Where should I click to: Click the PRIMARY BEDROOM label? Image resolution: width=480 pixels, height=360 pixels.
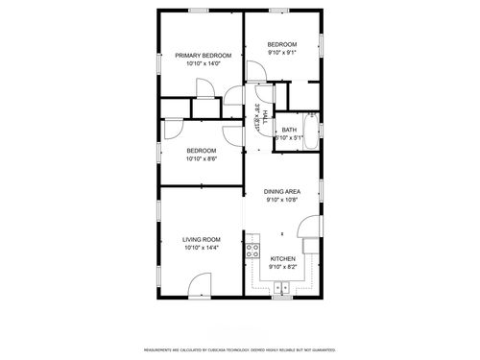(x=204, y=56)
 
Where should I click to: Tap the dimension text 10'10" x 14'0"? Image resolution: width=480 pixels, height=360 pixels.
(x=204, y=64)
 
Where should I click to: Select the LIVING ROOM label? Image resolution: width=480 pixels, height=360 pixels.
(x=202, y=239)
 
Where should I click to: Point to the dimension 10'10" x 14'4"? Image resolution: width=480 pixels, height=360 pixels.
(x=202, y=248)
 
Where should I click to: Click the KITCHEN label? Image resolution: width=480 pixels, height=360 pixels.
(x=282, y=259)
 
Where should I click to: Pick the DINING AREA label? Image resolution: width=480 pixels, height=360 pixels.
(x=282, y=192)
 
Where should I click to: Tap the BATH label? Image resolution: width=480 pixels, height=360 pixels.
(x=288, y=130)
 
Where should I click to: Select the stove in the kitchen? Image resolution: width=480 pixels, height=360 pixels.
(x=252, y=252)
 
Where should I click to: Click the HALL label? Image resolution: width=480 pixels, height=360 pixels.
(x=259, y=115)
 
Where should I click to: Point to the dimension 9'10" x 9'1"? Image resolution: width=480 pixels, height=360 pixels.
(x=282, y=54)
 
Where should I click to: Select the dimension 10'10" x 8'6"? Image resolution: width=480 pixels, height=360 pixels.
(x=202, y=159)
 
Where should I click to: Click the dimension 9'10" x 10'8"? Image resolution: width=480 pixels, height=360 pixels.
(x=282, y=201)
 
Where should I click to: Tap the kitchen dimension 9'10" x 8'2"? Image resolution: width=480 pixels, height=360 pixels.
(x=282, y=268)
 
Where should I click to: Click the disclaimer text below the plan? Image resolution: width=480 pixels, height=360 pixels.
(x=240, y=350)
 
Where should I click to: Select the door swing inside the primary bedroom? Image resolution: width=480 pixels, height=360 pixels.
(x=206, y=88)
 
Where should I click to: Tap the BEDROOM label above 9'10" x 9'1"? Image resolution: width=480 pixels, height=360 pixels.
(x=282, y=45)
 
